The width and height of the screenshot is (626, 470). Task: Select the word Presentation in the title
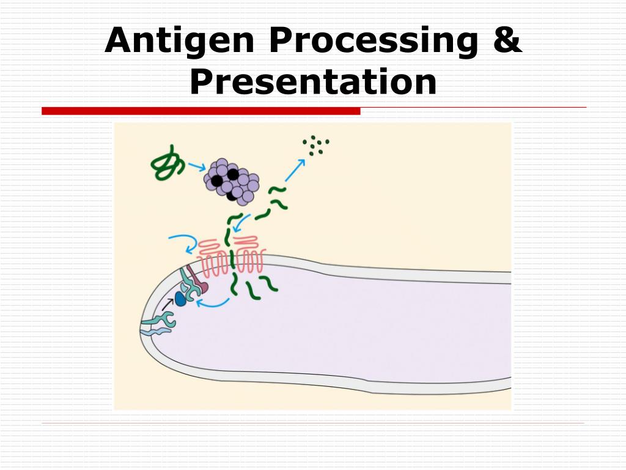313,82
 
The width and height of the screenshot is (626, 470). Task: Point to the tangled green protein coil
167,163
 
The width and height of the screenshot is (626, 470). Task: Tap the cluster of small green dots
315,145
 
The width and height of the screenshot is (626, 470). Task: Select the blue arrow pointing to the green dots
295,170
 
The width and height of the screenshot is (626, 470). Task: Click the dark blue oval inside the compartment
181,298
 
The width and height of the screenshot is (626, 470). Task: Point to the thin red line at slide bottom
313,423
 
